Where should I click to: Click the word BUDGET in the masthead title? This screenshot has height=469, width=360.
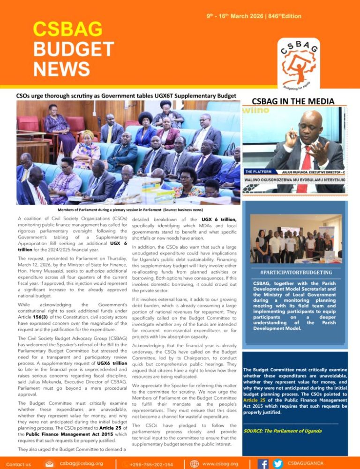tap(74, 49)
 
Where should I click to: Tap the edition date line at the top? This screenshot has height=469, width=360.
tap(254, 16)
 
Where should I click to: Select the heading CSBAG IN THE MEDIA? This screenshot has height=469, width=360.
tap(293, 101)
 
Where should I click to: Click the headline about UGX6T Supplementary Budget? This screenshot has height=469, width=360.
tap(126, 96)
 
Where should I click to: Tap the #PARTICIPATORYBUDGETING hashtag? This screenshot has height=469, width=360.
tap(293, 272)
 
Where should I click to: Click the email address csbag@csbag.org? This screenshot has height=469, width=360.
tap(82, 463)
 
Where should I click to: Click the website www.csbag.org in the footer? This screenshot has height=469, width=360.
tap(220, 463)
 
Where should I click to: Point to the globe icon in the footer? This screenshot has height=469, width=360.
tap(195, 463)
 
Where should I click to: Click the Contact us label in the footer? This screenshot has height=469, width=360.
tap(19, 464)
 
